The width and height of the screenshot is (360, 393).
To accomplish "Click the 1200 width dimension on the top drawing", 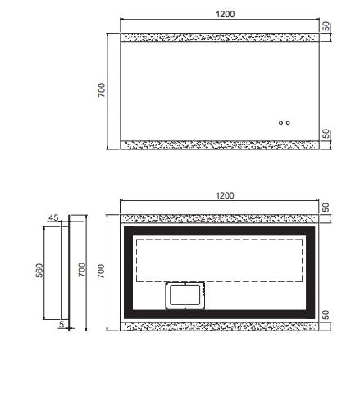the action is point(225,14).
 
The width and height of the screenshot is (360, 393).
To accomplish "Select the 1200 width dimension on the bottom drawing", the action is point(225,195).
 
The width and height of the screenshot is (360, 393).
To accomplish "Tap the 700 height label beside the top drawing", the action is point(101,90).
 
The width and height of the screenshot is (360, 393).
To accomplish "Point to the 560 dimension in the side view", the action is point(39,271).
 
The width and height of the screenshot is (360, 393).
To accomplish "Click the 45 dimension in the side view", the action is point(53,217).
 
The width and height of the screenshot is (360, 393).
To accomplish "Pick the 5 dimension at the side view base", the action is point(62,324).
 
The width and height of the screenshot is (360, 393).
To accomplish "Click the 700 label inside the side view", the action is point(82,270).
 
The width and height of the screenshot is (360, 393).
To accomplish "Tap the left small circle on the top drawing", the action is point(280,123).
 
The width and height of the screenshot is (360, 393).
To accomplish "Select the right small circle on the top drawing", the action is point(288,123).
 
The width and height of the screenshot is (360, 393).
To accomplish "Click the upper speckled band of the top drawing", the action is point(220,37).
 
